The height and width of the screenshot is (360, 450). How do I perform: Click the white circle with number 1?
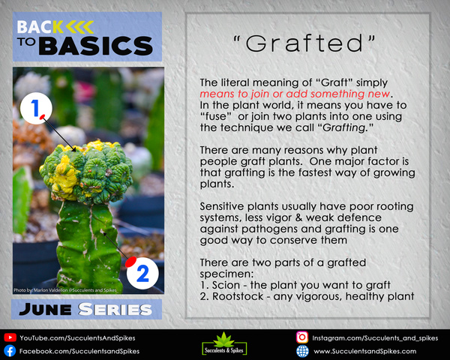tap(36, 108)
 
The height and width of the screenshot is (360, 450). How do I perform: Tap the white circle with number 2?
tap(142, 273)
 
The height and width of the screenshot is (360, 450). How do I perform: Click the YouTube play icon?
tap(10, 337)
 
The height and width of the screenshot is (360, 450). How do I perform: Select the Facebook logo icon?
tap(10, 351)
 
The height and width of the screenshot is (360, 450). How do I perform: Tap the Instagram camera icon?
tap(302, 337)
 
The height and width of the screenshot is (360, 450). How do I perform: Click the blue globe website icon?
tap(302, 351)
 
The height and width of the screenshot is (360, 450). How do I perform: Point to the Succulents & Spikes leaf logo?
tap(224, 343)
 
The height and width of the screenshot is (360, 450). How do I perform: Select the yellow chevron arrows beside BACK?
tap(79, 27)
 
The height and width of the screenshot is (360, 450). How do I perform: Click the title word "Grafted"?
tap(304, 43)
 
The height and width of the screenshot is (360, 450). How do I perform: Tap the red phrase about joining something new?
tap(295, 94)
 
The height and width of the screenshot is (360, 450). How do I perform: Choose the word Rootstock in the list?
tap(238, 296)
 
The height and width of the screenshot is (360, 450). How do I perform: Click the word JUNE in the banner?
tap(45, 310)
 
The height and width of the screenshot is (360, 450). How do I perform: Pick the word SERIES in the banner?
tap(115, 310)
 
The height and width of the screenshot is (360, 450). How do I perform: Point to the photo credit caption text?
tap(65, 290)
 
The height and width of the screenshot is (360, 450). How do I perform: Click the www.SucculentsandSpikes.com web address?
tap(364, 351)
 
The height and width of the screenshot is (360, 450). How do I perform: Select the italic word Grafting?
tap(343, 127)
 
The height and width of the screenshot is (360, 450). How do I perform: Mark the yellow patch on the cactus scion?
tap(64, 178)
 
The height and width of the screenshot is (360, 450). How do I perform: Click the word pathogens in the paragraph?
tap(264, 229)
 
